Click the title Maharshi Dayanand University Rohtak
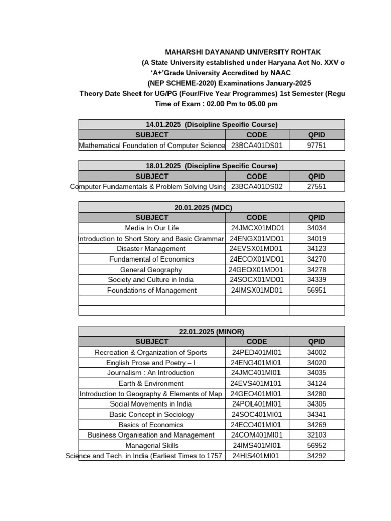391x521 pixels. point(243,52)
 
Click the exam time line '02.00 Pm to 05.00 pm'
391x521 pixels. point(216,104)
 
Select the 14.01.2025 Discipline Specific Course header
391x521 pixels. point(211,125)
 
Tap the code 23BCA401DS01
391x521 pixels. point(257,146)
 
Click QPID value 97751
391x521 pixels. point(316,146)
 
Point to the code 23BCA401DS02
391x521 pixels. point(257,187)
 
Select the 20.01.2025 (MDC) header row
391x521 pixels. point(211,208)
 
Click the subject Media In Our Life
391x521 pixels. point(152,228)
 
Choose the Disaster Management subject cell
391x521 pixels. point(151,249)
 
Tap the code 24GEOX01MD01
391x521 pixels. point(256,270)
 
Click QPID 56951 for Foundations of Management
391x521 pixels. point(316,291)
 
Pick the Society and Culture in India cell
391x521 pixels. point(151,280)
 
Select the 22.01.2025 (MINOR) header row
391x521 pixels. point(211,332)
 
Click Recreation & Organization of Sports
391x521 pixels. point(151,353)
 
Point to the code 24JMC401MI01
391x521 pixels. point(257,373)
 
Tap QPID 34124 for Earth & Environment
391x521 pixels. point(316,384)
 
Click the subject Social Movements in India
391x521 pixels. point(151,404)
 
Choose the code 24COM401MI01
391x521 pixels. point(257,435)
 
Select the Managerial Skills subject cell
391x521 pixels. point(151,446)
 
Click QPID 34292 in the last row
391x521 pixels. point(316,456)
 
